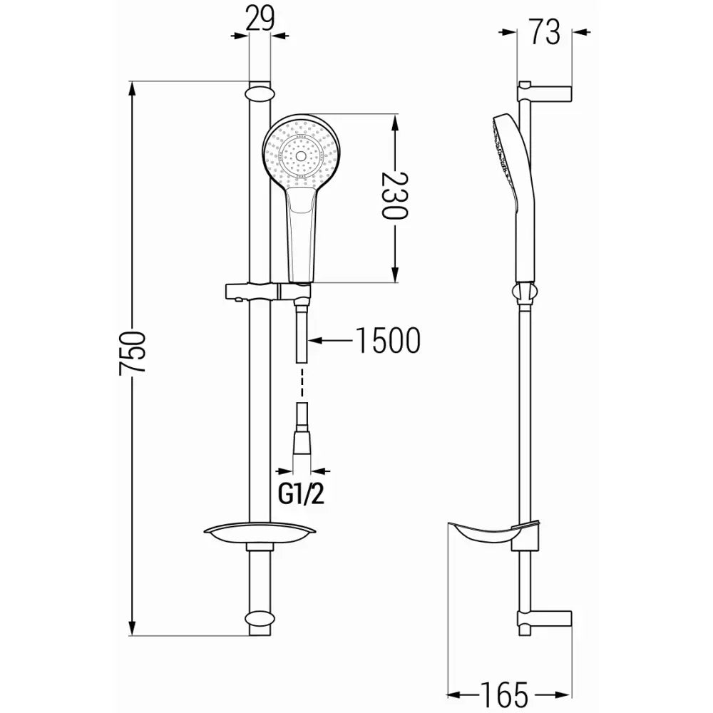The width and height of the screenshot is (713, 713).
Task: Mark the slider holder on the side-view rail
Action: click(x=523, y=294)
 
